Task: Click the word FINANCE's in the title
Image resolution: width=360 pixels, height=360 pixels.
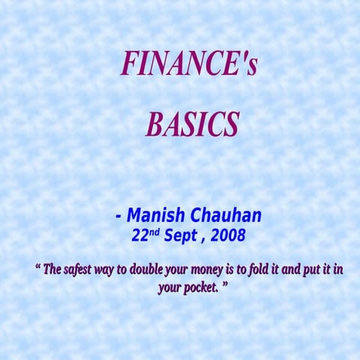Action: [189, 65]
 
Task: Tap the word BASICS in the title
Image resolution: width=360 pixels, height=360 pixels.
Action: [192, 124]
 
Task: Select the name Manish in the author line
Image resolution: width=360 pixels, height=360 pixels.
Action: [154, 216]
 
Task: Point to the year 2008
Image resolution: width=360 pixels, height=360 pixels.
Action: [228, 235]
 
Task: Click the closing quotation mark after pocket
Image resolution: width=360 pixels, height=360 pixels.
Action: [224, 284]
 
